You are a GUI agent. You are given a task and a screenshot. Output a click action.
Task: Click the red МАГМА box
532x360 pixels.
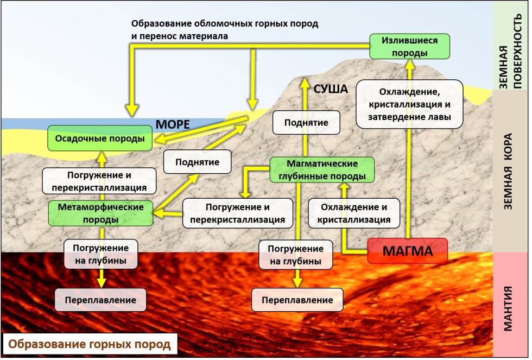[408, 251]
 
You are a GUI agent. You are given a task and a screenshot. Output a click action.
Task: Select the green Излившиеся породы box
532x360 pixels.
[410, 47]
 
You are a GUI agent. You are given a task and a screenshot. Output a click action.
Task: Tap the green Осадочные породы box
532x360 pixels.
[99, 139]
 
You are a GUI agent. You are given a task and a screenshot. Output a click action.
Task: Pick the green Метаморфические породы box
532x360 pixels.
[100, 213]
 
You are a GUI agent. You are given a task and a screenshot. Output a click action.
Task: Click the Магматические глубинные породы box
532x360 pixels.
[322, 169]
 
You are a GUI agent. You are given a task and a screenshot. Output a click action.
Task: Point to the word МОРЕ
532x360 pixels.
[173, 124]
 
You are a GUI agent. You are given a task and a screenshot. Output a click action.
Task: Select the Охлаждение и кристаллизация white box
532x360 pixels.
[354, 213]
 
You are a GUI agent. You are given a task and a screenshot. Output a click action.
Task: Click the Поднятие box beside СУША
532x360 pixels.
[306, 122]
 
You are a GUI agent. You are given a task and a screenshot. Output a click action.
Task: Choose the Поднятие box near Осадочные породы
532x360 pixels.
[197, 162]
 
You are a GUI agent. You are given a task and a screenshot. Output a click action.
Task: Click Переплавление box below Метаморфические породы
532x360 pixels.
[100, 300]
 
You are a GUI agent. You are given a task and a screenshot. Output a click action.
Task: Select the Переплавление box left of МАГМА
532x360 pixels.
[297, 300]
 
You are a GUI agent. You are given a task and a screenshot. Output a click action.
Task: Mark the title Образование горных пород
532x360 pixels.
[90, 344]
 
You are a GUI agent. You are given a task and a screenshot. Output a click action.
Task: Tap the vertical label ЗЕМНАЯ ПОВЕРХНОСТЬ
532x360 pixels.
[509, 46]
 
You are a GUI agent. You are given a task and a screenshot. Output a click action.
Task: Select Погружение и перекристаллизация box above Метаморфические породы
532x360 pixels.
[99, 181]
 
